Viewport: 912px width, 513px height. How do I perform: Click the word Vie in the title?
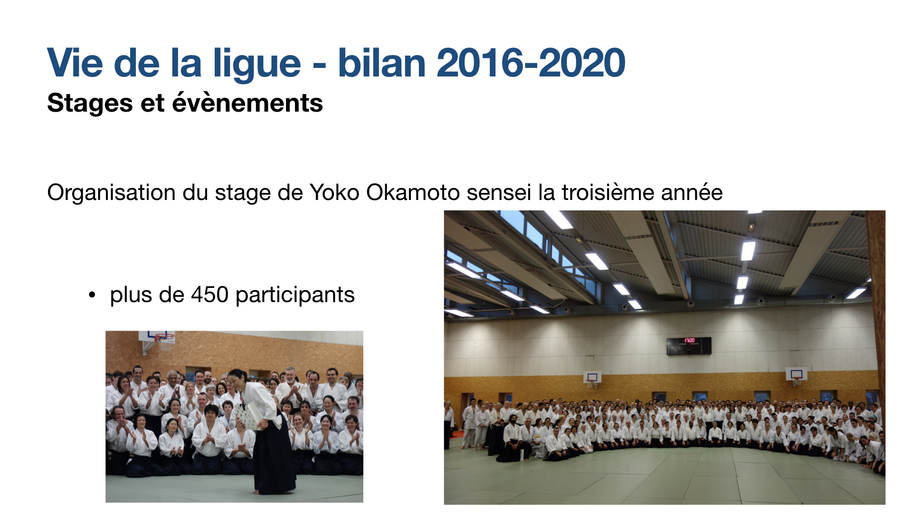coord(75,63)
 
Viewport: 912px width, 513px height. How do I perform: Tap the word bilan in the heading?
coord(382,63)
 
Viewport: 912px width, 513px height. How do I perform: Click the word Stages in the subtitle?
coord(90,104)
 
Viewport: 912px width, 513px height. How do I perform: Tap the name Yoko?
coord(334,193)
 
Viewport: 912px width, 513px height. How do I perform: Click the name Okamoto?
coord(412,193)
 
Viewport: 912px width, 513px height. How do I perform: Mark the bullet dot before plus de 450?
coord(92,295)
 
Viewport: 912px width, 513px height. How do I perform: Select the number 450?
coord(209,295)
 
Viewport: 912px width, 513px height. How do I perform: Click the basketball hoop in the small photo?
coord(163,340)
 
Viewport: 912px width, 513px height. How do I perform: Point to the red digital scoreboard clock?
coord(689,345)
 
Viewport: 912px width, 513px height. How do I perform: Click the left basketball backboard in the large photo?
coord(592,377)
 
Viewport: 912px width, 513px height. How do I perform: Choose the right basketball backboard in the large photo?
coord(796,374)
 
